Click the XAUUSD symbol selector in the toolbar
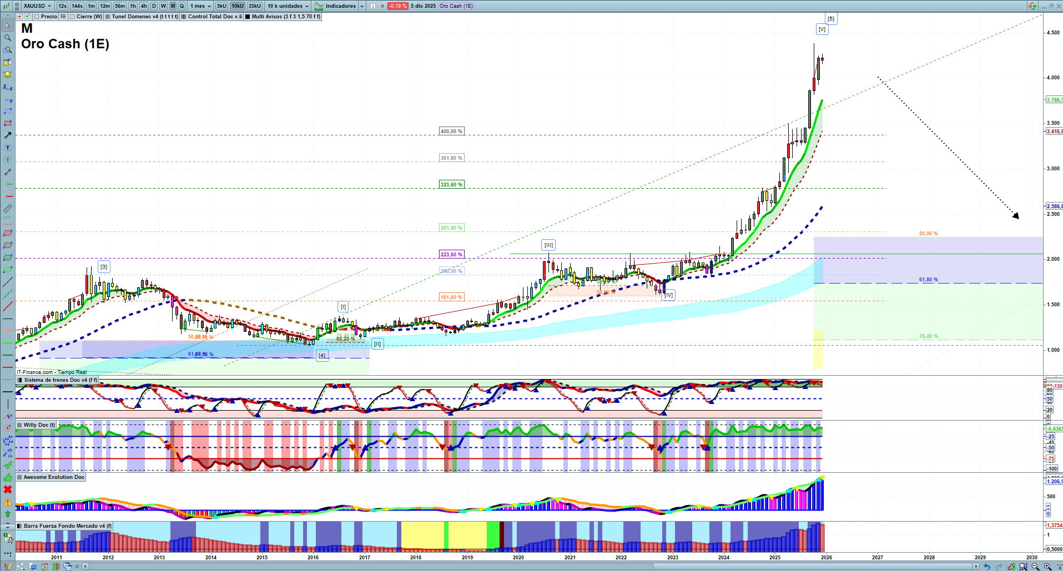click(x=37, y=6)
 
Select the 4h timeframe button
click(x=144, y=6)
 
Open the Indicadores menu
click(x=340, y=6)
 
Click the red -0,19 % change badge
click(x=397, y=6)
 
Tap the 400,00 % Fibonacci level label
click(x=451, y=132)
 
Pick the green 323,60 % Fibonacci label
click(x=451, y=184)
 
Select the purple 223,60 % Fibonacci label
click(x=451, y=255)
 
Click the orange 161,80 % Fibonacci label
click(x=451, y=297)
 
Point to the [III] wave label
click(x=548, y=245)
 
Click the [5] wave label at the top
click(x=831, y=19)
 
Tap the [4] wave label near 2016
click(x=322, y=355)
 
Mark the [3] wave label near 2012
click(x=104, y=267)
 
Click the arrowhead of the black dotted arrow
click(x=1017, y=216)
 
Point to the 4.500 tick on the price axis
click(x=1052, y=33)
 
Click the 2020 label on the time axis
click(x=518, y=558)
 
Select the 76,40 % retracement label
click(x=928, y=336)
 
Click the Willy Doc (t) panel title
click(x=39, y=425)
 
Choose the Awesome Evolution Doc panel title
click(x=54, y=477)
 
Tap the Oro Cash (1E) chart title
click(x=65, y=44)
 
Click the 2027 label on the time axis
click(x=878, y=558)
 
